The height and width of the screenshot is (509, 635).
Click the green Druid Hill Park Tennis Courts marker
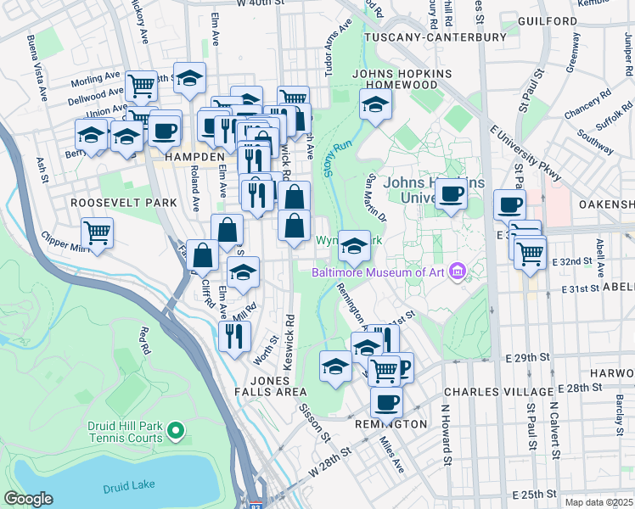click(x=176, y=431)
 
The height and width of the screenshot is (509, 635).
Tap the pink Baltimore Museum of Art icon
click(x=458, y=271)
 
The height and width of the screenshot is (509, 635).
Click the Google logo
click(x=28, y=499)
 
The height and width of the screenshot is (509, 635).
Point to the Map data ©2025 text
click(x=598, y=502)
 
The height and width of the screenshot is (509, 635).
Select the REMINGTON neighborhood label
click(x=391, y=424)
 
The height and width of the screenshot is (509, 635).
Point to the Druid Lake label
click(x=126, y=488)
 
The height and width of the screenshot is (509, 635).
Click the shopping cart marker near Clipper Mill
click(x=98, y=232)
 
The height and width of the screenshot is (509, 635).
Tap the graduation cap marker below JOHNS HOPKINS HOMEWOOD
click(x=374, y=105)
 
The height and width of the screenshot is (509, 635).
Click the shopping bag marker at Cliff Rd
click(x=203, y=254)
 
